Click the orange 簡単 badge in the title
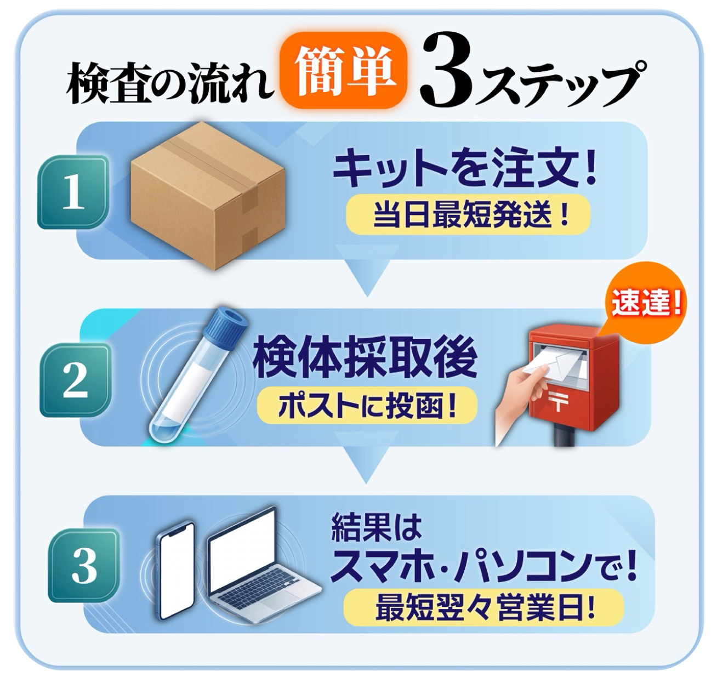(x=344, y=71)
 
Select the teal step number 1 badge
(x=73, y=192)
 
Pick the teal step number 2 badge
(x=76, y=379)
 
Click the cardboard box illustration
(x=208, y=195)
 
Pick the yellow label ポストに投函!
(x=366, y=406)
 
